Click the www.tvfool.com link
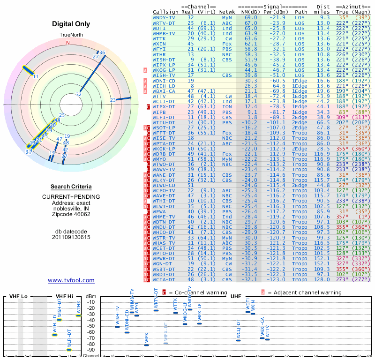(x=71, y=280)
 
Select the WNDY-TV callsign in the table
(x=164, y=17)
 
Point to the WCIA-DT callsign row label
(x=164, y=279)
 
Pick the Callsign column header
(x=165, y=12)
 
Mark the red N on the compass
(x=67, y=43)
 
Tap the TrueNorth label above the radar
(x=69, y=36)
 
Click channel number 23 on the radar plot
(x=112, y=100)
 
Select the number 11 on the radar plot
(x=36, y=76)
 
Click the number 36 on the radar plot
(x=102, y=52)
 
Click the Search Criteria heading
(x=71, y=187)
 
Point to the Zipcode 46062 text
(x=71, y=214)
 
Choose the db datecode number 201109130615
(x=71, y=237)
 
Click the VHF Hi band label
(x=64, y=296)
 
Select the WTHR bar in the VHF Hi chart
(x=78, y=315)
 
